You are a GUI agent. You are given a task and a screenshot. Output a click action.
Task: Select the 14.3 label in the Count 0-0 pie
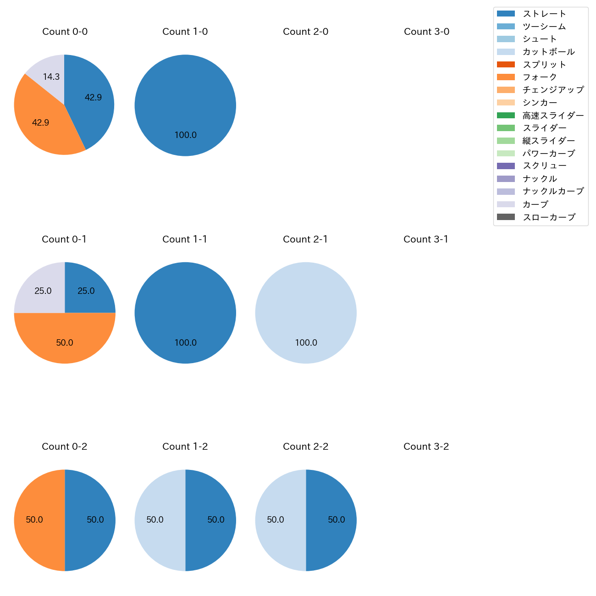pyautogui.click(x=51, y=77)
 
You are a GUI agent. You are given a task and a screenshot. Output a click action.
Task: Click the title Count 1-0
pyautogui.click(x=185, y=32)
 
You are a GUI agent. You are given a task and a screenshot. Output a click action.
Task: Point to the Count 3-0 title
pyautogui.click(x=426, y=32)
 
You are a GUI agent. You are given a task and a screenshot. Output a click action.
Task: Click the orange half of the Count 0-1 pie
pyautogui.click(x=65, y=342)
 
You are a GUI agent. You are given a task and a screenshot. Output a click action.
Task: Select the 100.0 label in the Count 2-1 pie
pyautogui.click(x=306, y=342)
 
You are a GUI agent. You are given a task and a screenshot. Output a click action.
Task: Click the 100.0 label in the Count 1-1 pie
pyautogui.click(x=186, y=342)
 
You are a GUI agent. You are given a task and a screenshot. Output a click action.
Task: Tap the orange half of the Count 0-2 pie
pyautogui.click(x=37, y=520)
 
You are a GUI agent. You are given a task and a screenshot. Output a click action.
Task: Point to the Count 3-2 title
pyautogui.click(x=426, y=447)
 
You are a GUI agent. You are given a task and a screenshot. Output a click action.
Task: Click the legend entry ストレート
pyautogui.click(x=544, y=14)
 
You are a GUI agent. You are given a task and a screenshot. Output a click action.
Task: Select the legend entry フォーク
pyautogui.click(x=540, y=77)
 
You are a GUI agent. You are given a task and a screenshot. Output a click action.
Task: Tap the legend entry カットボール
pyautogui.click(x=548, y=52)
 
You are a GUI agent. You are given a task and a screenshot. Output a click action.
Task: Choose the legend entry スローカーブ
pyautogui.click(x=548, y=217)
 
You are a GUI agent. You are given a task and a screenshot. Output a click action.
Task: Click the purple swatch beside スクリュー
pyautogui.click(x=506, y=166)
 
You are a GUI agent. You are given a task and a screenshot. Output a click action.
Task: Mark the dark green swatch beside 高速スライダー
pyautogui.click(x=506, y=115)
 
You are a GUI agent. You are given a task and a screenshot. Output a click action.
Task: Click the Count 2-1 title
pyautogui.click(x=305, y=239)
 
